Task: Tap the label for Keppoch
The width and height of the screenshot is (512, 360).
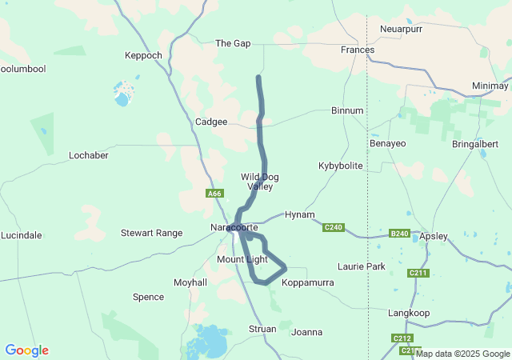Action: click(x=143, y=55)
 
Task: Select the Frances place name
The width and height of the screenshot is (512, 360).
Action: click(x=357, y=50)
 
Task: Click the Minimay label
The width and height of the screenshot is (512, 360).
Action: click(x=490, y=86)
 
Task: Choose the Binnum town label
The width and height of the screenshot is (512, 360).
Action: click(x=347, y=110)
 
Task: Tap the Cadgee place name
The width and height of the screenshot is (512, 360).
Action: click(x=211, y=122)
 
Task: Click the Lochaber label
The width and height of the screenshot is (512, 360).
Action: click(x=89, y=155)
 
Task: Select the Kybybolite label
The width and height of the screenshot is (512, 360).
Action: click(x=340, y=166)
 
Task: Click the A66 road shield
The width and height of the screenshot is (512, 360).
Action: click(x=214, y=194)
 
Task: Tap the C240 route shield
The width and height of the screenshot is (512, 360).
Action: click(x=334, y=228)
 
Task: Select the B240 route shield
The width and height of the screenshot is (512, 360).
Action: click(x=398, y=234)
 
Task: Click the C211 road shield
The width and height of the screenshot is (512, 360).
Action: click(x=418, y=273)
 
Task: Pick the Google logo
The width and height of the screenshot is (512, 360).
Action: click(x=26, y=350)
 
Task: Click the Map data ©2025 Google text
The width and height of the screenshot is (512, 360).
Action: click(x=463, y=354)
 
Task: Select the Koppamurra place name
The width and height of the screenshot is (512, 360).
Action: click(x=307, y=282)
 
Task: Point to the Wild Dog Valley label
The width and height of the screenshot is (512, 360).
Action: click(x=260, y=181)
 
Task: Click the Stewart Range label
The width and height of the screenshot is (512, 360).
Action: click(x=151, y=234)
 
